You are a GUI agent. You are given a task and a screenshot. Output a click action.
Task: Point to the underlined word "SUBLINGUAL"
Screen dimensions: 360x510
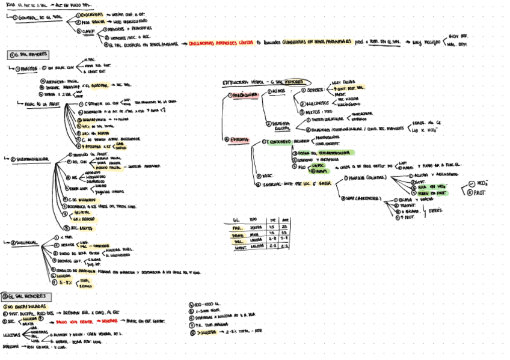27,242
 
